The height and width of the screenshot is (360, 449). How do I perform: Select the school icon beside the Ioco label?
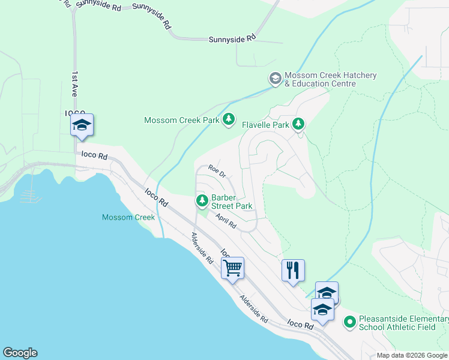[82, 125]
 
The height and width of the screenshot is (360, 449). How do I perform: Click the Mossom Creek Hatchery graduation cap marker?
[275, 79]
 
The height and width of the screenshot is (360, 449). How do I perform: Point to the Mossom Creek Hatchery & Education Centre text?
[330, 79]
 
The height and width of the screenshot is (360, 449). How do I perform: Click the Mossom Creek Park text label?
[182, 121]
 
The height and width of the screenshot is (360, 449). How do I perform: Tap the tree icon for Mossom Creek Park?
[228, 120]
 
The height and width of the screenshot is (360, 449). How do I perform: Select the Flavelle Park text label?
[265, 125]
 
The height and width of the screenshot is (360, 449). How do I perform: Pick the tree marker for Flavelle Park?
[298, 125]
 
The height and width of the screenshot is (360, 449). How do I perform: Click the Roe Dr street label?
[217, 172]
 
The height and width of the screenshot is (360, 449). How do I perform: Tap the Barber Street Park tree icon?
[202, 200]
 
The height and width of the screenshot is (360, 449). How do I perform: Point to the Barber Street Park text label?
[231, 202]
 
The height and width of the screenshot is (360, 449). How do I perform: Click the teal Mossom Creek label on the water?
[128, 217]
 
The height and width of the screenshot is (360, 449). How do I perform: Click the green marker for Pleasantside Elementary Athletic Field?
[350, 323]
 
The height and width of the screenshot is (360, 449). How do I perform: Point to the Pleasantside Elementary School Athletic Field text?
[403, 323]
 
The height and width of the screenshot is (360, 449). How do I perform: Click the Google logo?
[20, 353]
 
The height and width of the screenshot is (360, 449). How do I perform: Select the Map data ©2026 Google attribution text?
[411, 355]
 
